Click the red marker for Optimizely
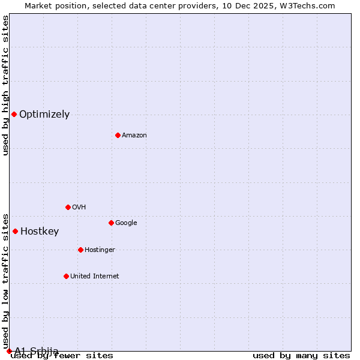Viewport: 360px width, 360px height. [14, 114]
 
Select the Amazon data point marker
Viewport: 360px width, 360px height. [118, 135]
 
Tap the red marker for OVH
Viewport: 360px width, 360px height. [68, 207]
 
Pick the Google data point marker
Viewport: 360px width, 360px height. [111, 223]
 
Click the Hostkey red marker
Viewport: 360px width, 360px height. [15, 231]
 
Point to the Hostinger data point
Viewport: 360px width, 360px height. [80, 250]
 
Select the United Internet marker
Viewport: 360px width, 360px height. [66, 276]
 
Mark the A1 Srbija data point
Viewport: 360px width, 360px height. [9, 351]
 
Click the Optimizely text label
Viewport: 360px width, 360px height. [44, 115]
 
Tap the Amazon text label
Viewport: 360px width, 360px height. [134, 136]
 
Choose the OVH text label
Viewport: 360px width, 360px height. [79, 208]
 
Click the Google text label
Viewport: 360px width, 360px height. [126, 223]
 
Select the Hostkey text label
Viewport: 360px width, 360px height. [40, 232]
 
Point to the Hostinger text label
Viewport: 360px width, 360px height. [100, 250]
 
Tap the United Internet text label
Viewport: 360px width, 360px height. [94, 277]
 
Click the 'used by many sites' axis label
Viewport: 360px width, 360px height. [301, 356]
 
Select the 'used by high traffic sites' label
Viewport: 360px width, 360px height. [5, 85]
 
